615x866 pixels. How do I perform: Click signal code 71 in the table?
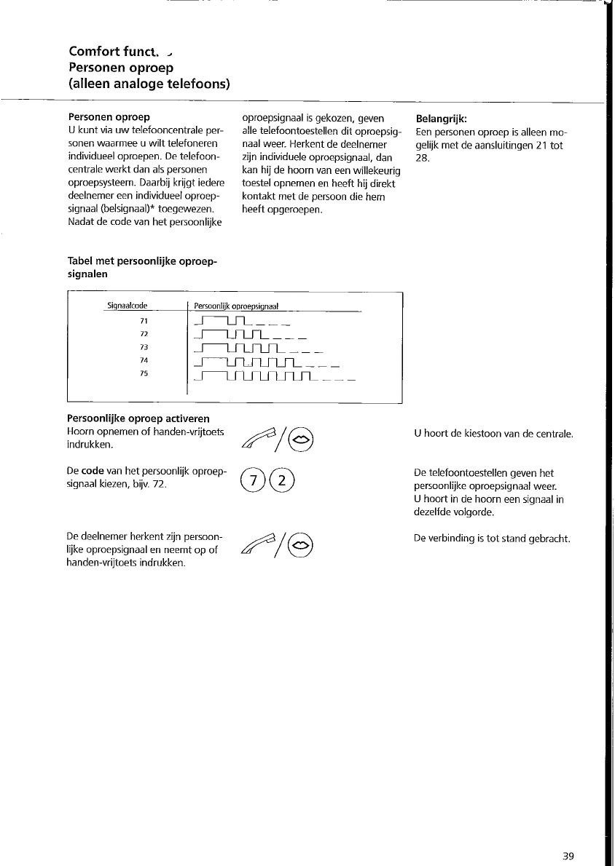point(144,320)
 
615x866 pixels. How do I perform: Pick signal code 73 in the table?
point(144,347)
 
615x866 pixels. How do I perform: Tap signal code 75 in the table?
point(144,373)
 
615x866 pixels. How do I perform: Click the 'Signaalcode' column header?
point(128,306)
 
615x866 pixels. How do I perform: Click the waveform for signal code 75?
point(273,376)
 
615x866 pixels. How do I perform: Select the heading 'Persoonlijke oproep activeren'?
point(138,418)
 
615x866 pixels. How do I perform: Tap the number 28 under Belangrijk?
point(420,158)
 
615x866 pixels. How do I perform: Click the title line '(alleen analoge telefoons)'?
point(149,84)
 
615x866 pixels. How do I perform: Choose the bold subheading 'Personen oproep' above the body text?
point(109,117)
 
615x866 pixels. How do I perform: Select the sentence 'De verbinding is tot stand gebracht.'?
point(491,539)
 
